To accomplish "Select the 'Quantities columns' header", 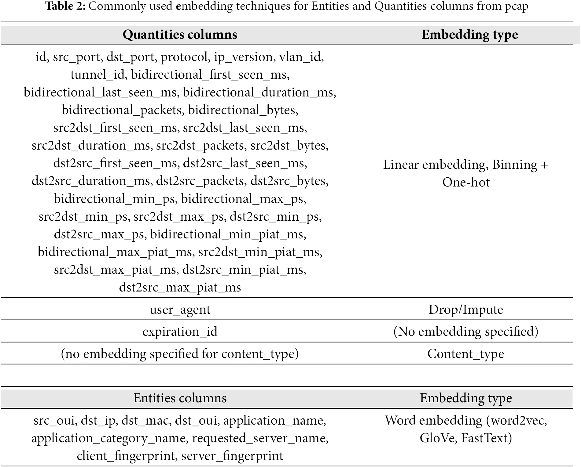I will tap(180, 34).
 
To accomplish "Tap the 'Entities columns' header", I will tap(180, 398).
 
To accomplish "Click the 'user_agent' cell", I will tap(180, 310).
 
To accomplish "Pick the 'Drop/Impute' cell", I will tap(465, 310).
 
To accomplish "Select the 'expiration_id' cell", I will tap(180, 331).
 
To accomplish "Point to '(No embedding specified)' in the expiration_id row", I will tap(465, 331).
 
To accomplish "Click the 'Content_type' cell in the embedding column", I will tap(465, 354).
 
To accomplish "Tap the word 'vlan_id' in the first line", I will tap(301, 57).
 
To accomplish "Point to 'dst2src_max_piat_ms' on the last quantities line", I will tap(180, 288).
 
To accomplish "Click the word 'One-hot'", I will tap(466, 183).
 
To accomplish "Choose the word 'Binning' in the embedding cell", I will tap(515, 165).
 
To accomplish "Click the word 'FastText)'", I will tap(486, 438).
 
